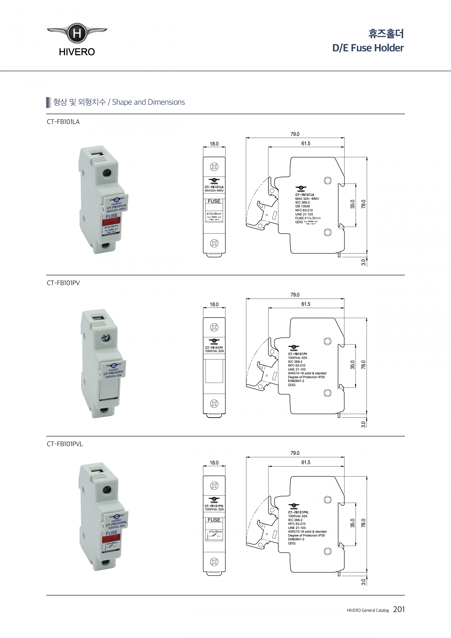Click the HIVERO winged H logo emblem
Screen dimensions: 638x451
point(77,33)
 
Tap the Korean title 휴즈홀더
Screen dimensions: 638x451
point(386,34)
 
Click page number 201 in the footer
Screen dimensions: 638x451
point(399,609)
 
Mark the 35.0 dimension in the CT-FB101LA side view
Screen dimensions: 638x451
point(352,204)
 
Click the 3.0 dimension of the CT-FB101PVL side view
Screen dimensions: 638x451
point(363,582)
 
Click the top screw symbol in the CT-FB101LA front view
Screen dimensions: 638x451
point(214,167)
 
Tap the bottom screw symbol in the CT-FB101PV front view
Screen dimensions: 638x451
point(214,403)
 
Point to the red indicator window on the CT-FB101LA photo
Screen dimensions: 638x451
point(111,221)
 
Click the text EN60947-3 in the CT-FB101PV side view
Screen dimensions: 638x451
point(296,381)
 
